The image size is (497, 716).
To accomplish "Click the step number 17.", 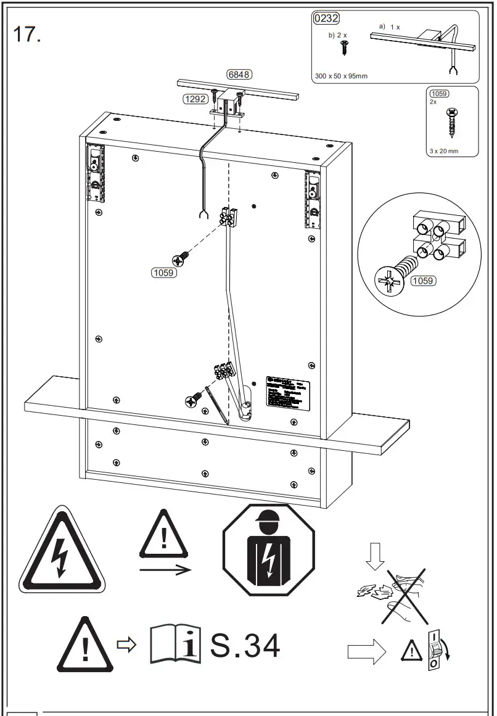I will coord(27,35).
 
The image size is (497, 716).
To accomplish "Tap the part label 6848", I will coord(239,75).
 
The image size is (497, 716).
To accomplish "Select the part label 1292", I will coord(194,98).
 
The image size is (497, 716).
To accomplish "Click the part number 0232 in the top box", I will coord(326,19).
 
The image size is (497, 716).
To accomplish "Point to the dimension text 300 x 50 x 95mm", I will coord(341,76).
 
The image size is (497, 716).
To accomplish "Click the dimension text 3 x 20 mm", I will coord(444,151).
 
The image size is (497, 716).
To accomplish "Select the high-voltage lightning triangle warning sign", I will coord(62,551).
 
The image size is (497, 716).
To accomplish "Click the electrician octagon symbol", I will coord(268,550).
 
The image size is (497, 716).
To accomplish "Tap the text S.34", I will coord(245,645).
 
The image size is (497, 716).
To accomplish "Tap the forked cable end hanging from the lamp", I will coord(200,215).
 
